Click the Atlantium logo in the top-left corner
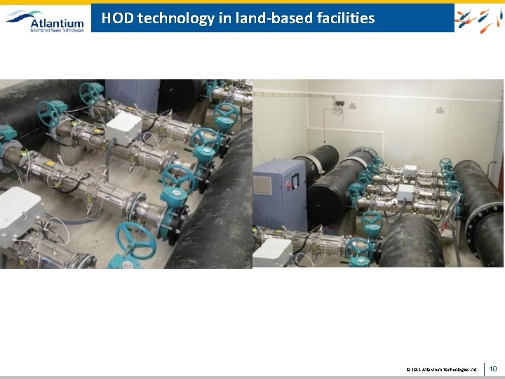46,20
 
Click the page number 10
492,368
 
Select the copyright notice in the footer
441,369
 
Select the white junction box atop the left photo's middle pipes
123,128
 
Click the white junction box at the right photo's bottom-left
272,251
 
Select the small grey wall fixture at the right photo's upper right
439,109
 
